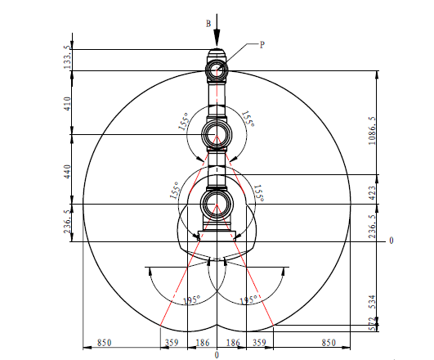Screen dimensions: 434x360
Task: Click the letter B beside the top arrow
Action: tap(208, 24)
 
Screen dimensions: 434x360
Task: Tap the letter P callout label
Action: tap(262, 45)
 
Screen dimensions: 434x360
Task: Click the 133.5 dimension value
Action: tap(68, 58)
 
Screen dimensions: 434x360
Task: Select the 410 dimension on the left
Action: tap(68, 104)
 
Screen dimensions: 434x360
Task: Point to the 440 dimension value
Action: tap(68, 172)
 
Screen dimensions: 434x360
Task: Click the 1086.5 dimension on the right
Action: tap(372, 131)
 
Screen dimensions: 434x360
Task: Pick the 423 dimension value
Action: tap(372, 193)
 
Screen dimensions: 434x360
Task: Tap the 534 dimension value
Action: tap(373, 302)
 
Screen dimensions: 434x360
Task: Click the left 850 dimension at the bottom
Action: tap(105, 343)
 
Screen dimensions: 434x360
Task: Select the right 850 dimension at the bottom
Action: tap(329, 343)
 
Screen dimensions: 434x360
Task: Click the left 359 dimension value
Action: tap(172, 343)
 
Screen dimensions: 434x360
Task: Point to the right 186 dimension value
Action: tap(233, 343)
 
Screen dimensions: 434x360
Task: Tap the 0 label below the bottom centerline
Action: tap(217, 355)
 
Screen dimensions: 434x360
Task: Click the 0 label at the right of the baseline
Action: tap(391, 241)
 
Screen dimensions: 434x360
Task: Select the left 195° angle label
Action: tap(191, 300)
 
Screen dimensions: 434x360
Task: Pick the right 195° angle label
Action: tap(248, 300)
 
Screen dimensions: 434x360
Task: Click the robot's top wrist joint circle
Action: tap(217, 70)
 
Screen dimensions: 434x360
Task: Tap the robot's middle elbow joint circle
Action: tap(217, 135)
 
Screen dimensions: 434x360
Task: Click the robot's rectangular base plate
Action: tap(217, 236)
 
